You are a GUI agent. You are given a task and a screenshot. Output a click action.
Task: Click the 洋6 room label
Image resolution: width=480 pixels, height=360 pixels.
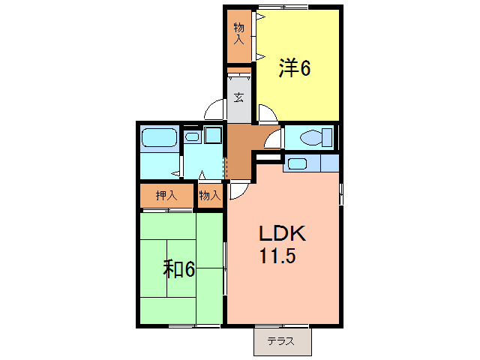295,68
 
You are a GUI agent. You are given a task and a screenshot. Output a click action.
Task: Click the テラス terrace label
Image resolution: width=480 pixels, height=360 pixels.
282,342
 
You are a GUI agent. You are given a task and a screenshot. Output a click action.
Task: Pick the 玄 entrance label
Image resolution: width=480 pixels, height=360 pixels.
238,97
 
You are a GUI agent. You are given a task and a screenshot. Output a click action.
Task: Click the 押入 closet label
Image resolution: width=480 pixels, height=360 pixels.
166,196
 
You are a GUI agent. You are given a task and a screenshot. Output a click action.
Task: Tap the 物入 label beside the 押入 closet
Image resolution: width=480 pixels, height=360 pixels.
210,196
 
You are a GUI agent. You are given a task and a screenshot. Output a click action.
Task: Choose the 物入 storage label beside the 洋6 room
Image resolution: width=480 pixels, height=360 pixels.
239,34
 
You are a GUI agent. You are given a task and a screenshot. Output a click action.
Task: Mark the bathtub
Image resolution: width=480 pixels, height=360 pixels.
158,138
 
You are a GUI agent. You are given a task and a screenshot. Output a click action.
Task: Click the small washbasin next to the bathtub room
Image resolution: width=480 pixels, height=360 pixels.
192,136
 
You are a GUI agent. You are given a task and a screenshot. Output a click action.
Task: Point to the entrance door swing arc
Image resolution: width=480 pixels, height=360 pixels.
217,109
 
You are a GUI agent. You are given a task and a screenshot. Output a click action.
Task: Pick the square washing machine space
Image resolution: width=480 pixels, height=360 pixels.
213,136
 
